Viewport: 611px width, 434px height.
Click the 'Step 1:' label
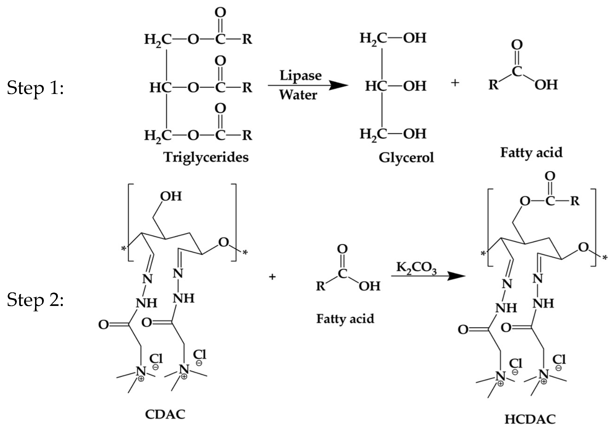[35, 88]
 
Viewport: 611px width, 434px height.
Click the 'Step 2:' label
[35, 299]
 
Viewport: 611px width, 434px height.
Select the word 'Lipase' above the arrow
[300, 76]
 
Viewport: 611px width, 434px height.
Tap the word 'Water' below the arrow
[298, 95]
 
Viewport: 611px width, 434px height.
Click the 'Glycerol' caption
[406, 158]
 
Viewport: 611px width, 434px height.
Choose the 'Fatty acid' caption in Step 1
[531, 153]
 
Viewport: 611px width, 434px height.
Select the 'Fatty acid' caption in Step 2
[345, 319]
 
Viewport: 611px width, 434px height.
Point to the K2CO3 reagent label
[416, 268]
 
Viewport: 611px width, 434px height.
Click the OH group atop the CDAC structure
[171, 196]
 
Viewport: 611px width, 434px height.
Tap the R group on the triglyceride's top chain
[247, 39]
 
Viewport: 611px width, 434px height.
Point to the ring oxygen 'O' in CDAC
[223, 242]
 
